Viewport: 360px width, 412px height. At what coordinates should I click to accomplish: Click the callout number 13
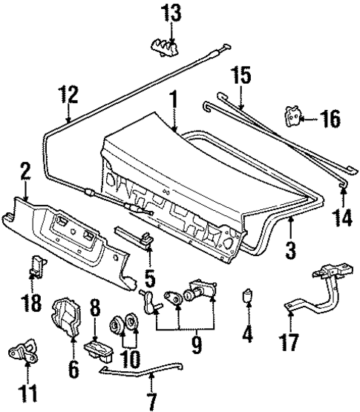coord(172,14)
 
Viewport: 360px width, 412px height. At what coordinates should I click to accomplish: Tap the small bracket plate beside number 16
coord(295,116)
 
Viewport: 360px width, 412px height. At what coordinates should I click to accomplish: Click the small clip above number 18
coord(35,265)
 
